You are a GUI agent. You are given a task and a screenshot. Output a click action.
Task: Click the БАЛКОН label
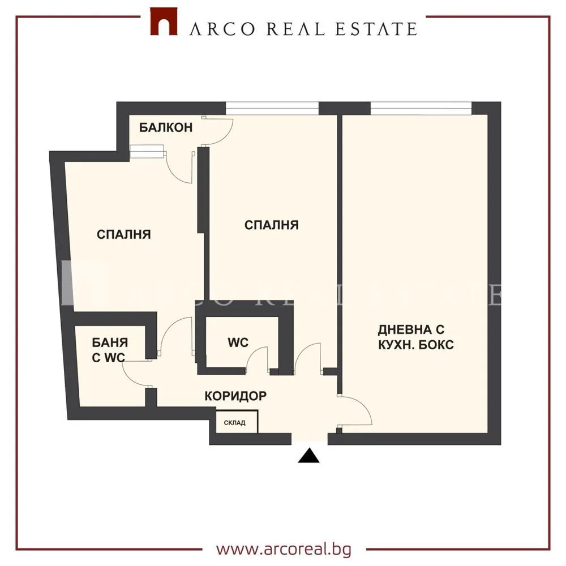(x=166, y=127)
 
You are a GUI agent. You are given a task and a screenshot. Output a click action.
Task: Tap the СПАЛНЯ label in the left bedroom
(x=123, y=234)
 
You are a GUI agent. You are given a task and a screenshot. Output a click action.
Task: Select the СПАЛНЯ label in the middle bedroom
(x=271, y=225)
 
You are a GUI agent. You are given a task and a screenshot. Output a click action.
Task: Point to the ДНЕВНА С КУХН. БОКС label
(x=416, y=337)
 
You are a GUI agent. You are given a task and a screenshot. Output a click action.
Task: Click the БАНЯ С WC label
(x=110, y=349)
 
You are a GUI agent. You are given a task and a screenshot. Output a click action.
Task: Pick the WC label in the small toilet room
(x=238, y=342)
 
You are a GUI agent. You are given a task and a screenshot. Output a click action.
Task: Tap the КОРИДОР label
(x=235, y=396)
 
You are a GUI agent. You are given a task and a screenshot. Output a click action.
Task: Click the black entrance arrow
(x=309, y=455)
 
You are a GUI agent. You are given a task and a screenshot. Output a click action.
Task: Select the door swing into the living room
(x=357, y=411)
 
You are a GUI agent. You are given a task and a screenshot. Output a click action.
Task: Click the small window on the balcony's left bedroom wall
(x=147, y=151)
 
